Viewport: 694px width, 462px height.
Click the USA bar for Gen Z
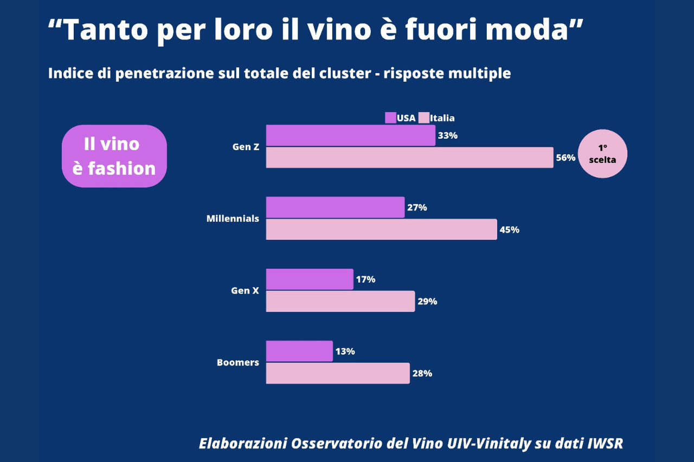tap(350, 135)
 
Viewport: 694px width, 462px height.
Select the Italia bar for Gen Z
tap(409, 158)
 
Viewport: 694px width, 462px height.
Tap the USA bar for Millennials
tap(335, 207)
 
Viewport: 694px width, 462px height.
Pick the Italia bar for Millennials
tap(381, 230)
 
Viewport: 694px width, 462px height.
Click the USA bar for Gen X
tap(310, 279)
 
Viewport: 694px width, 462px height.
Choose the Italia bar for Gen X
tap(340, 301)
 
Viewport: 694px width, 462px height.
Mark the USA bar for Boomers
tap(299, 351)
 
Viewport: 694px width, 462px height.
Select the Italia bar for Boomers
tap(337, 373)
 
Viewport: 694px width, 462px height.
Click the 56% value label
tap(566, 158)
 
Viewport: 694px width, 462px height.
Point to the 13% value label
tap(345, 352)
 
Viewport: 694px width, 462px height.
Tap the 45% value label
tap(509, 230)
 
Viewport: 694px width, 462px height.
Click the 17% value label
tap(365, 279)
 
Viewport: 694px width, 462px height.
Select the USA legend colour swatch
tap(390, 118)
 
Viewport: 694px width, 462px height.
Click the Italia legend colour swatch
tap(423, 118)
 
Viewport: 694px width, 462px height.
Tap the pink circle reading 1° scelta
tap(602, 153)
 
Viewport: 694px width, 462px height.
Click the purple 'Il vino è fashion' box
tap(114, 156)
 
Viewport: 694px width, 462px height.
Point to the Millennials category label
tap(233, 219)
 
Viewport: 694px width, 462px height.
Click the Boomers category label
tap(237, 362)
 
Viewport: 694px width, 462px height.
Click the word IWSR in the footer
tap(605, 444)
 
